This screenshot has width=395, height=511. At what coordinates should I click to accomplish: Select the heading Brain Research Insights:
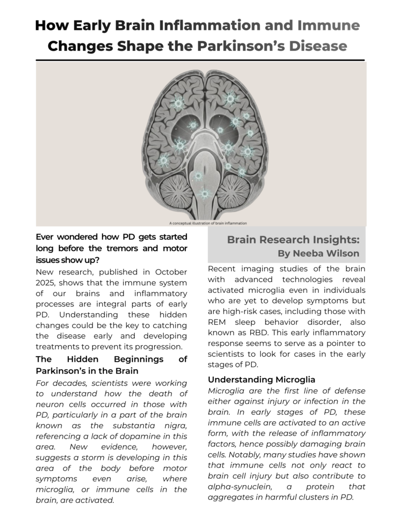pos(293,240)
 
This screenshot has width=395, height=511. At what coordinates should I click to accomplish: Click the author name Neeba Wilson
pos(326,254)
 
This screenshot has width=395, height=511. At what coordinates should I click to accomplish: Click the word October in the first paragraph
pos(167,272)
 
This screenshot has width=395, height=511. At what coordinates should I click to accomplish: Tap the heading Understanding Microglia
pos(261,380)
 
